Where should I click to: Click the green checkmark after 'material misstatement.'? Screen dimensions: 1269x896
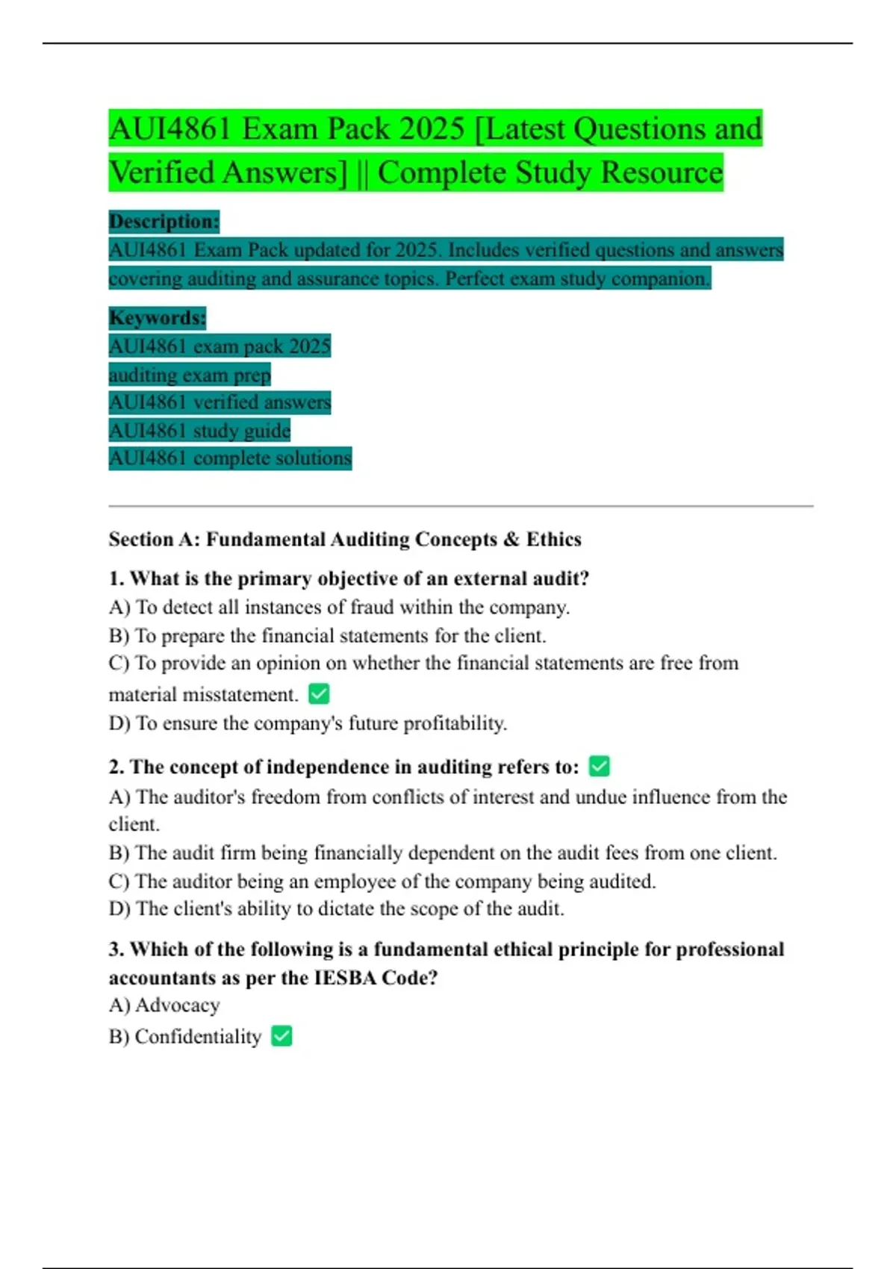point(319,694)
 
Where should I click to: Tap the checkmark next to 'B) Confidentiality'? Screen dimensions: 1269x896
point(281,1036)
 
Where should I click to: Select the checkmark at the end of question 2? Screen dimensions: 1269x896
point(600,766)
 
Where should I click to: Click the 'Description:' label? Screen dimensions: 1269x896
point(164,222)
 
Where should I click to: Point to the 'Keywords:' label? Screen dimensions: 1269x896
point(157,318)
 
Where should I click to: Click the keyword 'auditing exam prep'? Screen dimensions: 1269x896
point(190,375)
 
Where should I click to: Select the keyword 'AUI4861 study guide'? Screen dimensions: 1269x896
point(199,431)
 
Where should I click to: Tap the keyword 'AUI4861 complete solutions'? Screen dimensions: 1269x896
point(230,458)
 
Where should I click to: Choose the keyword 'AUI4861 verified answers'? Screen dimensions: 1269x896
point(220,403)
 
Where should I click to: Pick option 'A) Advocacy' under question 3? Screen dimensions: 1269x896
point(164,1005)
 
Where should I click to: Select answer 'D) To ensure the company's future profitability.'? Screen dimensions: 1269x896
point(308,723)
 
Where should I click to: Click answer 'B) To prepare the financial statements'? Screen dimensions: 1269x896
point(327,636)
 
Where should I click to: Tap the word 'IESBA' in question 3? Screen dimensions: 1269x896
point(346,978)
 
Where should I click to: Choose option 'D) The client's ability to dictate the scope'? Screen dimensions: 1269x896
point(336,909)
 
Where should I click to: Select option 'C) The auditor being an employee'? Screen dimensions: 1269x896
point(382,882)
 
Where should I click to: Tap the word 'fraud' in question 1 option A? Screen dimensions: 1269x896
point(371,608)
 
